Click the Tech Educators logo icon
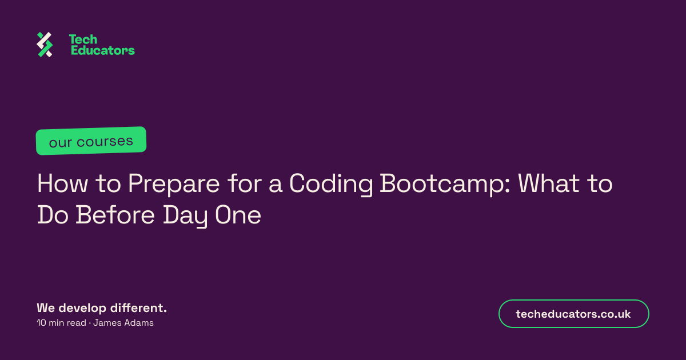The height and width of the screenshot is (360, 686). [45, 45]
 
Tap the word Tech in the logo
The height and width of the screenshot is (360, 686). [83, 39]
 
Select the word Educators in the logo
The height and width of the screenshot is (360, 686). [102, 50]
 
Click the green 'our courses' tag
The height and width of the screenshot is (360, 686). [91, 141]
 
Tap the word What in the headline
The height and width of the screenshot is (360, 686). [548, 183]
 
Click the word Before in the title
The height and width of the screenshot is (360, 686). [115, 215]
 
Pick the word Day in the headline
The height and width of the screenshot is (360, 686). [185, 216]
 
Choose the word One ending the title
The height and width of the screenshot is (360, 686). [238, 215]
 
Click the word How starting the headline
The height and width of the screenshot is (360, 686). [62, 183]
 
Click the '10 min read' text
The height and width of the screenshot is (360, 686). [61, 323]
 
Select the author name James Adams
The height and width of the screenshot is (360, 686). [123, 323]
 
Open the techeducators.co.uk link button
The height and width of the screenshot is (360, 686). [573, 314]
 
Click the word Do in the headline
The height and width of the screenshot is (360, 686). [53, 215]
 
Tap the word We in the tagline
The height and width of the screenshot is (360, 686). [46, 308]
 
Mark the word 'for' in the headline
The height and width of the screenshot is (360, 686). [245, 183]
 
